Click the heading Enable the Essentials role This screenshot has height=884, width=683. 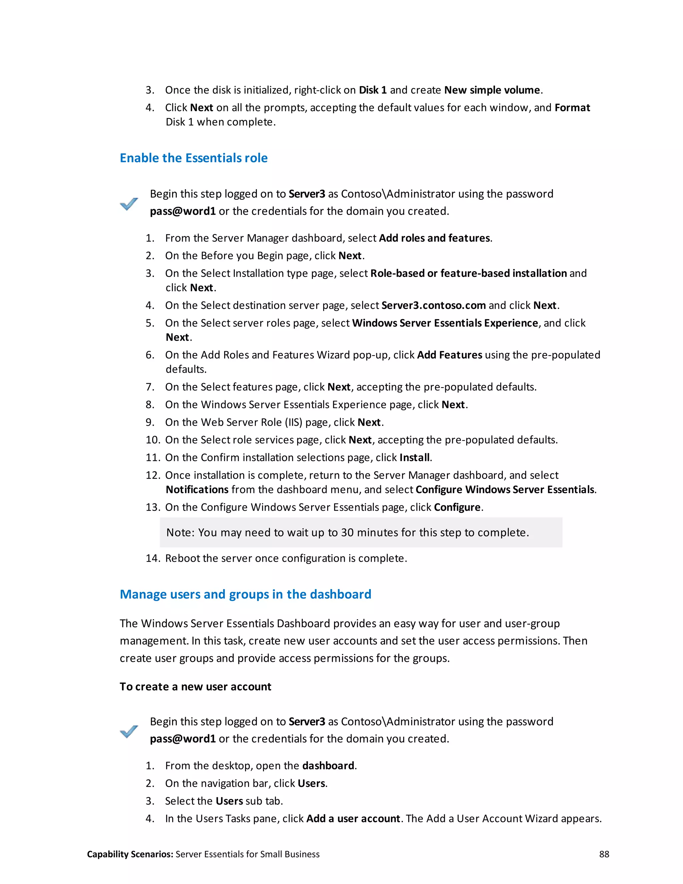click(x=193, y=158)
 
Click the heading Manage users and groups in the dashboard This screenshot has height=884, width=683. click(x=245, y=594)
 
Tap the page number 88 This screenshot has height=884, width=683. click(x=604, y=854)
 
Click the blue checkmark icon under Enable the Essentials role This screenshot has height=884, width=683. click(x=129, y=203)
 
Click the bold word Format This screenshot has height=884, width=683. click(x=572, y=108)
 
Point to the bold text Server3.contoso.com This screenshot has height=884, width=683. click(x=433, y=305)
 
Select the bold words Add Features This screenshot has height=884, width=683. click(x=450, y=355)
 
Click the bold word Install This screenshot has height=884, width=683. click(x=414, y=457)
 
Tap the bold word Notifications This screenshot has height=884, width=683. click(x=197, y=490)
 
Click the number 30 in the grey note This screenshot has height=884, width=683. click(x=347, y=533)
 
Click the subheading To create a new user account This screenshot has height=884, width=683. click(x=195, y=687)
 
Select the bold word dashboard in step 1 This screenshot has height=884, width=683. click(x=328, y=766)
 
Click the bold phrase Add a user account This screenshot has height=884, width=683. click(x=353, y=819)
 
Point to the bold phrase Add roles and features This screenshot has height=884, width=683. click(x=434, y=238)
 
